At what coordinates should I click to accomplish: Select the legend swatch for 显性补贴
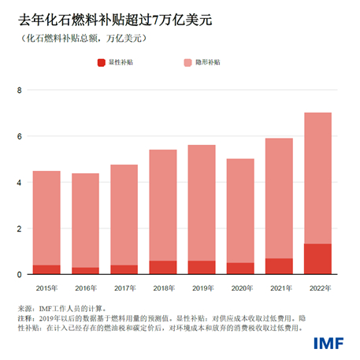point(101,61)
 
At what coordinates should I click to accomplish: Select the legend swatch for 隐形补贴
point(187,61)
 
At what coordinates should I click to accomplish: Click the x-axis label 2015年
point(46,288)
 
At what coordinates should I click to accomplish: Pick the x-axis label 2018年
point(163,288)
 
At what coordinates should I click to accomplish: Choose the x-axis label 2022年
point(318,288)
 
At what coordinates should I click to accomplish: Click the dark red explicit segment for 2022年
point(318,259)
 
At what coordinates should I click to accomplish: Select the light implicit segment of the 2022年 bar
point(318,178)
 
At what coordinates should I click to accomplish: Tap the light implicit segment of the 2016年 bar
point(85,221)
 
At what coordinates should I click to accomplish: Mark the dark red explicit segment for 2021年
point(280,266)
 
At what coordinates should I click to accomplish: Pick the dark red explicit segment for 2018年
point(163,268)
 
